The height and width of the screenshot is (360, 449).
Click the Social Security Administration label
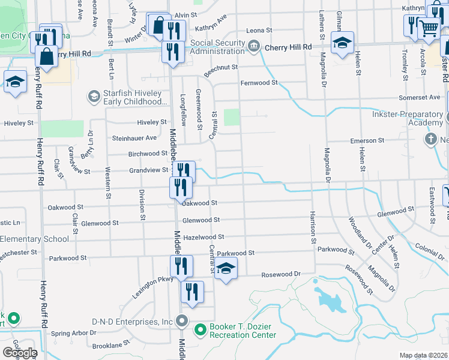tap(218, 47)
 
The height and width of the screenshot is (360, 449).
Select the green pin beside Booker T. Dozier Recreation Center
tap(200, 329)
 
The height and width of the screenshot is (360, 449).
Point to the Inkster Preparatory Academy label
tap(408, 118)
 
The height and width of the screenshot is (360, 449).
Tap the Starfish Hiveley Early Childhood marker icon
tap(93, 96)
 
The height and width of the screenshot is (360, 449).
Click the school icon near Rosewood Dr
tap(226, 269)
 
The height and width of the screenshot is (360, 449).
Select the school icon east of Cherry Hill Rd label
tap(343, 44)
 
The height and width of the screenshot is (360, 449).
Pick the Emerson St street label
tap(367, 140)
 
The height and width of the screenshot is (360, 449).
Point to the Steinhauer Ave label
tap(134, 138)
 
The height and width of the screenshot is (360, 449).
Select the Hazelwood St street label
tap(203, 237)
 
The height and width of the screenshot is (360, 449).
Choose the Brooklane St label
tap(112, 346)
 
